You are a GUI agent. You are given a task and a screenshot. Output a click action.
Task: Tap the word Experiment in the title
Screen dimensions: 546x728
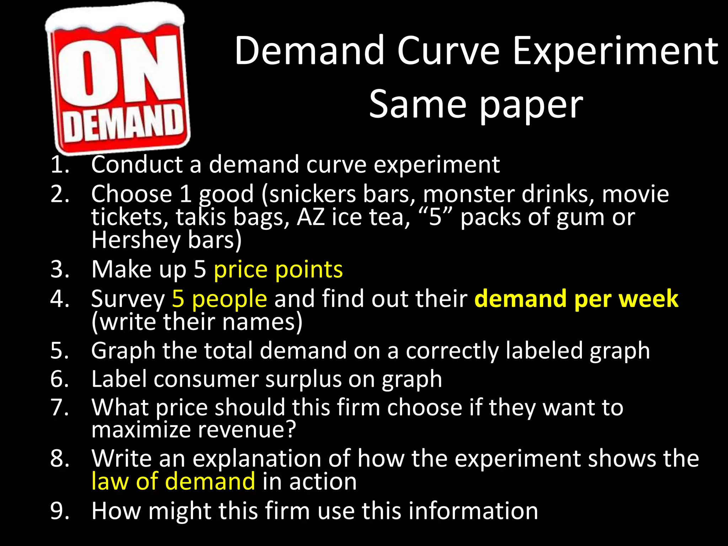click(615, 52)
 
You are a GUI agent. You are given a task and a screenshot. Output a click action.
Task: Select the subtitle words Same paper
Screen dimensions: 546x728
click(476, 105)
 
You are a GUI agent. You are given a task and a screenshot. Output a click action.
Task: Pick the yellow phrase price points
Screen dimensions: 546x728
click(278, 269)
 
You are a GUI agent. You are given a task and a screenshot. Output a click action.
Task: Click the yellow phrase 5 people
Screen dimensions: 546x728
click(219, 299)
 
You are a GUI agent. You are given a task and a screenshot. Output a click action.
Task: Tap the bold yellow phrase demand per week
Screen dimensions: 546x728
click(576, 299)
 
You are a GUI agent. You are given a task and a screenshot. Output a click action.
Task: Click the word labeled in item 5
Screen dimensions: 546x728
click(544, 351)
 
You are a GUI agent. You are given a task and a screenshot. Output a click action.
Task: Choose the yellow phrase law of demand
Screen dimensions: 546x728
click(173, 482)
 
